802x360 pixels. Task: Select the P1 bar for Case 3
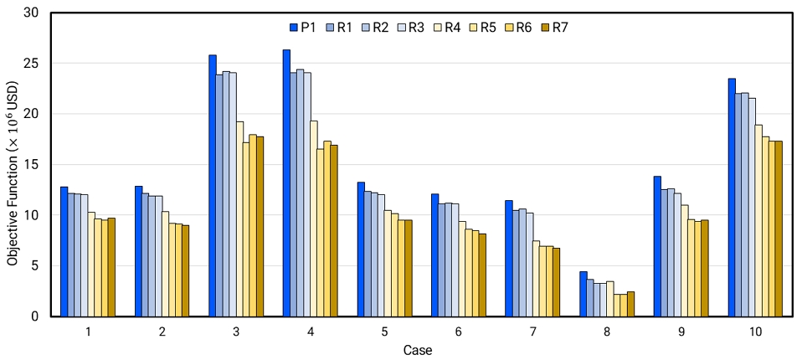[x=213, y=186]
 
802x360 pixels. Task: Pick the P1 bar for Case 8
[x=584, y=294]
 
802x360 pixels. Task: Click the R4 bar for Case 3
[x=239, y=219]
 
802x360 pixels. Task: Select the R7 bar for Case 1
[x=111, y=267]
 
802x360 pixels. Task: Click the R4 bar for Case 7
[x=536, y=279]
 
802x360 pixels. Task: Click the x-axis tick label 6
[x=459, y=332]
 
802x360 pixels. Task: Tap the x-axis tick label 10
[x=755, y=332]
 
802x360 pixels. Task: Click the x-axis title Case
[x=417, y=350]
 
